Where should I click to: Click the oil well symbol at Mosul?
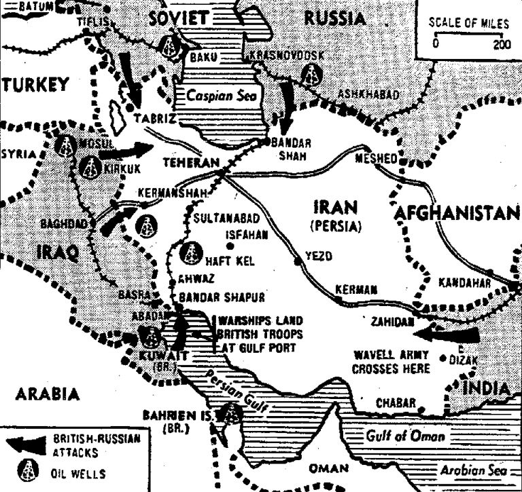click(x=66, y=145)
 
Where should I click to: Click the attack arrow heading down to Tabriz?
click(x=129, y=77)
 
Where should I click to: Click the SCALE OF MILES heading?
click(x=468, y=24)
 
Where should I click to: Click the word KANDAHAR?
click(x=466, y=282)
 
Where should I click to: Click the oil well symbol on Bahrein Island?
click(x=231, y=412)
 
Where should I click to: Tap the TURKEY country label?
click(x=36, y=85)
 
